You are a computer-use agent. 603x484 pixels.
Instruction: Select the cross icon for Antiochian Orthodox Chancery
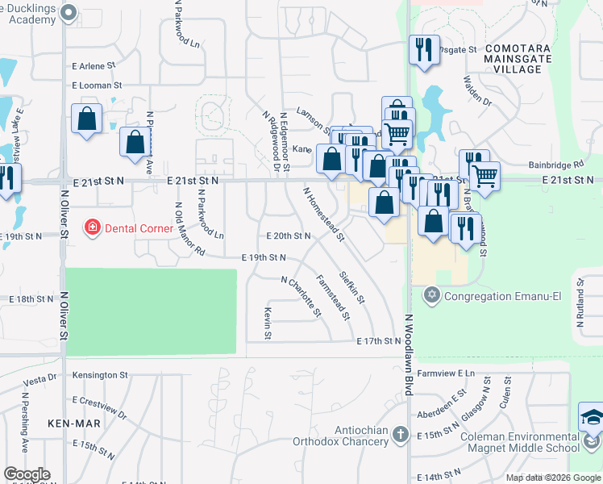tap(400, 436)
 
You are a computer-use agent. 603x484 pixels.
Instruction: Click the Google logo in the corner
tap(27, 474)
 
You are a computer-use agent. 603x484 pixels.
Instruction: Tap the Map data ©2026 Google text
tap(553, 478)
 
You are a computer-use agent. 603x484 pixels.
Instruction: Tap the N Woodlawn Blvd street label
tap(409, 354)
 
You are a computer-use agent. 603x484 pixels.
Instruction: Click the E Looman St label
tap(96, 85)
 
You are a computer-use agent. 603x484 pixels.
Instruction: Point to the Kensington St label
tap(100, 375)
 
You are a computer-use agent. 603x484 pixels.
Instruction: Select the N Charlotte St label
tap(301, 296)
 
